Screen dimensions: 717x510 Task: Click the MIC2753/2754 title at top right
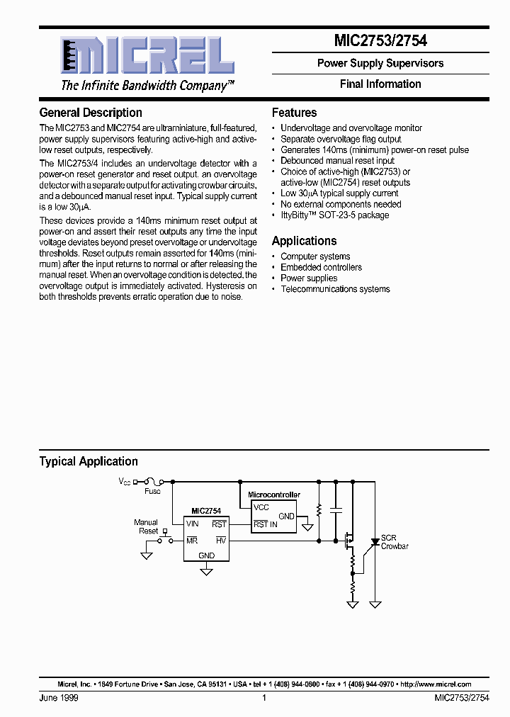click(380, 41)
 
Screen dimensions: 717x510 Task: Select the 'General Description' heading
click(91, 113)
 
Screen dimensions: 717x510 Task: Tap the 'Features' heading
click(294, 113)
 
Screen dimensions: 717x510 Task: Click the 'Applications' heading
click(304, 241)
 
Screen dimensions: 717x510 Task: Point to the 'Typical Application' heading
click(89, 461)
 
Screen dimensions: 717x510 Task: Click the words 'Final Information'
click(380, 84)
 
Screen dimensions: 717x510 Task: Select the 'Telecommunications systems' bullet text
click(335, 289)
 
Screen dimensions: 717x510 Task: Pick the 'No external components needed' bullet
click(341, 204)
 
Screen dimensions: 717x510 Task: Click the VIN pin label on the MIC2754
click(193, 524)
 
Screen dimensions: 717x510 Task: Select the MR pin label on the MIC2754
click(192, 540)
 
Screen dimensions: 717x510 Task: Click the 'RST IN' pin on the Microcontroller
click(266, 524)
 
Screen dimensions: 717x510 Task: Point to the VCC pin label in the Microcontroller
click(261, 507)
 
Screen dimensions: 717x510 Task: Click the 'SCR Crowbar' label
click(395, 542)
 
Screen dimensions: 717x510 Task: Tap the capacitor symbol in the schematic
click(336, 509)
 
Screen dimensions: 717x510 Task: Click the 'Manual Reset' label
click(147, 526)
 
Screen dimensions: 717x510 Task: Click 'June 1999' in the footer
click(59, 698)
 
